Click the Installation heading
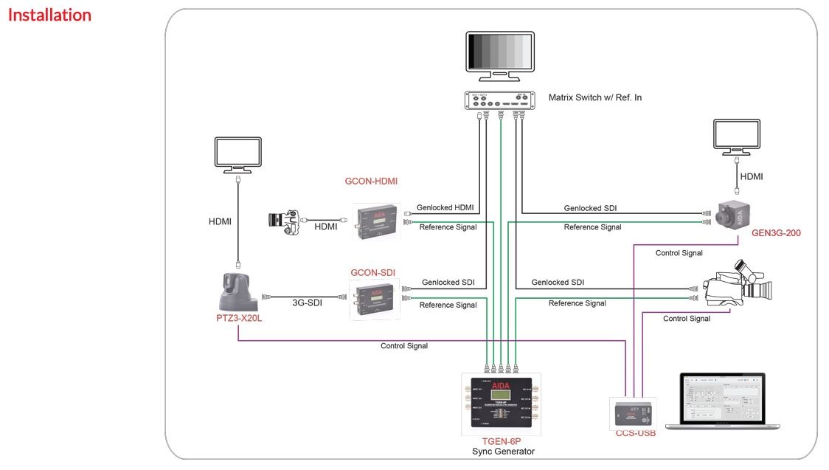click(x=49, y=15)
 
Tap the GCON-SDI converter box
click(x=374, y=299)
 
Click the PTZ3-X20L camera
click(x=237, y=291)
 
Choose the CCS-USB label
click(x=635, y=433)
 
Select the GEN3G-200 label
click(x=775, y=233)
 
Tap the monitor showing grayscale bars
click(x=500, y=54)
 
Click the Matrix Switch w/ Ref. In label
click(x=594, y=97)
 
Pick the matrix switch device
click(x=500, y=100)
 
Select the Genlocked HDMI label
click(x=445, y=207)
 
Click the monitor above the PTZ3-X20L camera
click(x=237, y=154)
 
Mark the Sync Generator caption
click(x=503, y=451)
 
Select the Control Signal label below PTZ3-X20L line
click(x=403, y=345)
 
